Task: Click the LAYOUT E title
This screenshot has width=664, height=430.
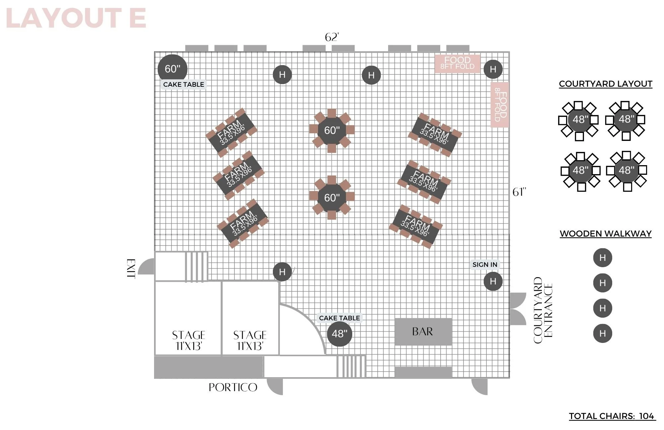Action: pos(76,18)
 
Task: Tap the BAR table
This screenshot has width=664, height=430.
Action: pos(423,332)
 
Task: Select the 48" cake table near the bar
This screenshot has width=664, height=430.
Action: pos(339,334)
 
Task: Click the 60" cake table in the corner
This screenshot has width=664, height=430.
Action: pos(173,69)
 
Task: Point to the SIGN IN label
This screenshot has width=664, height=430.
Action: pos(485,265)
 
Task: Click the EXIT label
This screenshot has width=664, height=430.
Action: pos(131,269)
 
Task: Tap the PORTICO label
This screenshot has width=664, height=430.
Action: pos(233,387)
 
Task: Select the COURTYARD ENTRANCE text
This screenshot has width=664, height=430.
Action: pos(543,310)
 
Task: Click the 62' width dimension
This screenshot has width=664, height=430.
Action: pos(332,37)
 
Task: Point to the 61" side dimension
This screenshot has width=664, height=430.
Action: pos(519,192)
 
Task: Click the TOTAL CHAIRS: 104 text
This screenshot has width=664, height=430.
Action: pos(612,416)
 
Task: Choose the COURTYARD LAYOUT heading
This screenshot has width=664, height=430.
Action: pos(606,84)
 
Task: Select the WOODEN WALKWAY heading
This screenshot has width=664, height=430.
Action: pos(606,234)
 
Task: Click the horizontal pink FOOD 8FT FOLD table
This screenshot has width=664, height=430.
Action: pos(457,63)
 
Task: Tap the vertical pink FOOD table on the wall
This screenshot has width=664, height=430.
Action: pos(500,105)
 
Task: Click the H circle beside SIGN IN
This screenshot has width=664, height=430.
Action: pos(493,281)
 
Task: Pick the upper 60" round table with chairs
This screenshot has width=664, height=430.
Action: pos(332,130)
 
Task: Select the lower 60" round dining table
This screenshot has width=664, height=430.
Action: pos(332,198)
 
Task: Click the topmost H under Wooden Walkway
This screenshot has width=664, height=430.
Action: pos(603,258)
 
